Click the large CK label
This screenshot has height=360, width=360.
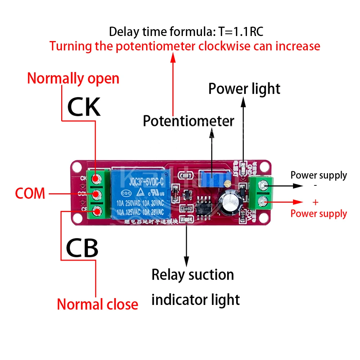84,107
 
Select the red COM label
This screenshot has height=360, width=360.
30,194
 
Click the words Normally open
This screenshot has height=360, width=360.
73,78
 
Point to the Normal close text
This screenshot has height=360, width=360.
98,305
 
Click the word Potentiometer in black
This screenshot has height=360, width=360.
188,121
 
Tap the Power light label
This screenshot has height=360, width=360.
244,89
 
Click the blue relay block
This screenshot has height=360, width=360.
138,194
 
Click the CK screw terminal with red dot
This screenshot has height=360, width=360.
95,178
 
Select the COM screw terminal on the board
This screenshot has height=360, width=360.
96,195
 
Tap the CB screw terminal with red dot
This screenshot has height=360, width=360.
96,211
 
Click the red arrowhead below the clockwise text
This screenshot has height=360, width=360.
173,57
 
